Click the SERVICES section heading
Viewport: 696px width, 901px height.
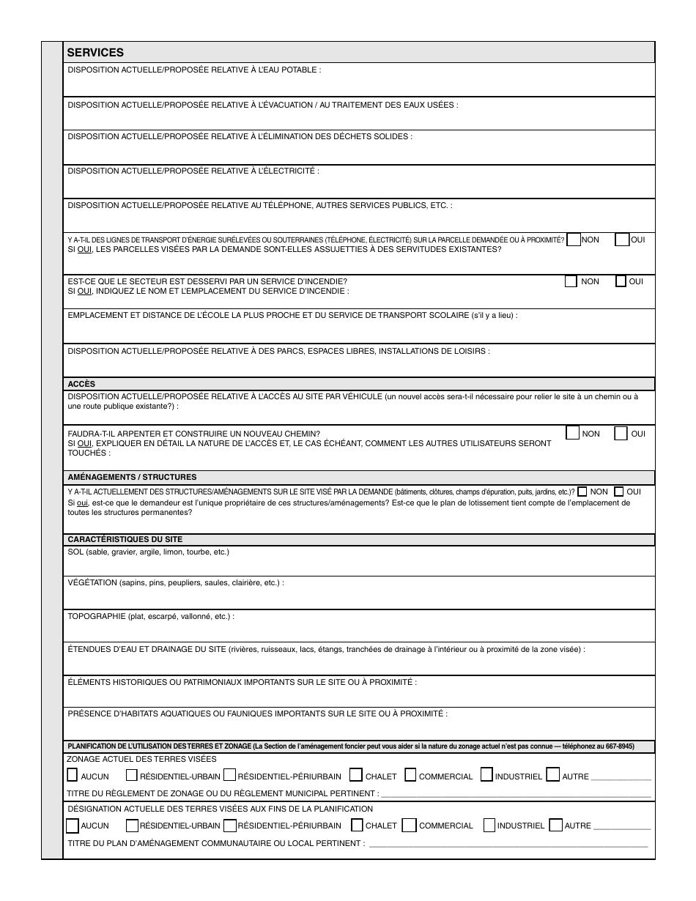click(95, 52)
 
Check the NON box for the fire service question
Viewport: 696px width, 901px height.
click(571, 281)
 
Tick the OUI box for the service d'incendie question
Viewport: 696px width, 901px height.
click(621, 281)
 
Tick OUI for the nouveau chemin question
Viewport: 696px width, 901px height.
click(621, 433)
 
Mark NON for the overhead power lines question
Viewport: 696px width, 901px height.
click(574, 240)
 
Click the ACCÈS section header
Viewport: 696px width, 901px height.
click(81, 384)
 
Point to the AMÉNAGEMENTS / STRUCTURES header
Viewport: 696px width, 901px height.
click(132, 477)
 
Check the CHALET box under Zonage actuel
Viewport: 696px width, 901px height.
click(356, 775)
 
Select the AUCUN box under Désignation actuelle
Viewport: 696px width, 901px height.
click(73, 826)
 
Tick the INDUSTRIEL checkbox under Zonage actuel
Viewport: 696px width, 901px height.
click(486, 775)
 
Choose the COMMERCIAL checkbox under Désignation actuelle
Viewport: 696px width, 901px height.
click(410, 826)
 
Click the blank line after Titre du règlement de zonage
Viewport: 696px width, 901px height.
click(516, 794)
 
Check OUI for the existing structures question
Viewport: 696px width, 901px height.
click(619, 492)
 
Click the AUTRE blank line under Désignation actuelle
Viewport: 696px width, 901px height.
click(622, 827)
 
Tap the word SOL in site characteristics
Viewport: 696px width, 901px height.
click(75, 552)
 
